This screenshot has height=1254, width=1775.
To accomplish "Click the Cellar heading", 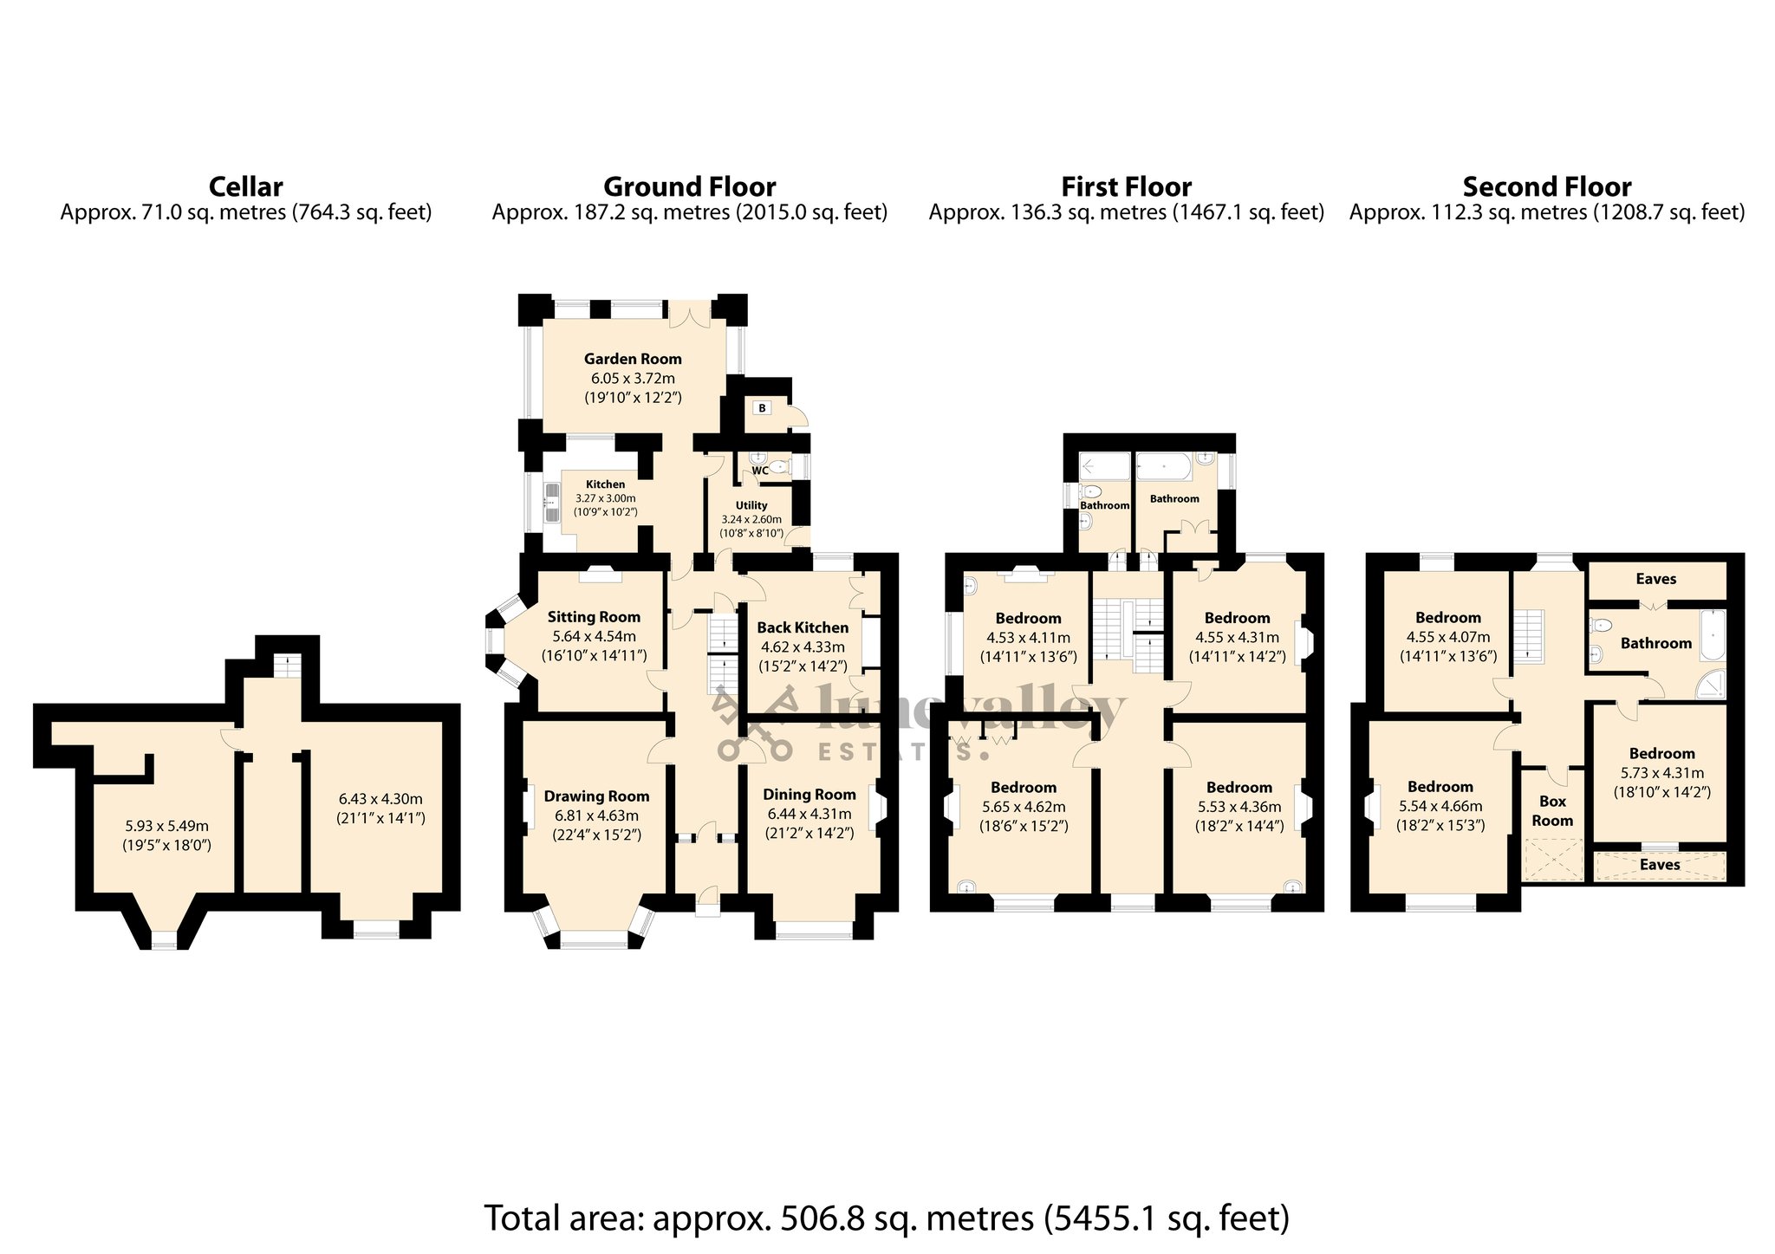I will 245,186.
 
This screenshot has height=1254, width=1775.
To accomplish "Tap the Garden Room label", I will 633,359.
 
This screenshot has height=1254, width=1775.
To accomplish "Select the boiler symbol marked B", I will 762,408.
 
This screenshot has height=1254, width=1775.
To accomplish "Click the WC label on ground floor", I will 759,471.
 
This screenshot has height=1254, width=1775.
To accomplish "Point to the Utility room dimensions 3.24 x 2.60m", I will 751,520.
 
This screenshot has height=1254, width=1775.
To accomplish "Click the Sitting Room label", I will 594,617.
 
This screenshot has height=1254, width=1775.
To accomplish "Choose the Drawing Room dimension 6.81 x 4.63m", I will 596,815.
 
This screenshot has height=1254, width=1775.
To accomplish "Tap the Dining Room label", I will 809,795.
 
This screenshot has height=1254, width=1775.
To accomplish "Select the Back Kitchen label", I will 803,627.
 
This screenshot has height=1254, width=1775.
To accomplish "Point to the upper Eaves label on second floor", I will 1655,579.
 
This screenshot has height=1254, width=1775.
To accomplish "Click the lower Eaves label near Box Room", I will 1660,865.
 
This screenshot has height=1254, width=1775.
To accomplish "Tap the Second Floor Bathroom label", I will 1655,643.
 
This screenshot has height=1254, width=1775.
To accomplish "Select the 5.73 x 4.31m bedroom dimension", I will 1661,773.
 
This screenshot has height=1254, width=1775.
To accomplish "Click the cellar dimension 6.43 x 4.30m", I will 380,799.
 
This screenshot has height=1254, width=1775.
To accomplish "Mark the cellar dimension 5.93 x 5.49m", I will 166,826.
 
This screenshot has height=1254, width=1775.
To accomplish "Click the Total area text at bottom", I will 887,1218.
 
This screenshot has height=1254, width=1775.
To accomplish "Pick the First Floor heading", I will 1126,186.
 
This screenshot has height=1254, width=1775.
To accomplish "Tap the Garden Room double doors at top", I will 690,314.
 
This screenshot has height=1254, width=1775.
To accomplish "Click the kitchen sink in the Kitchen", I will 551,504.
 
